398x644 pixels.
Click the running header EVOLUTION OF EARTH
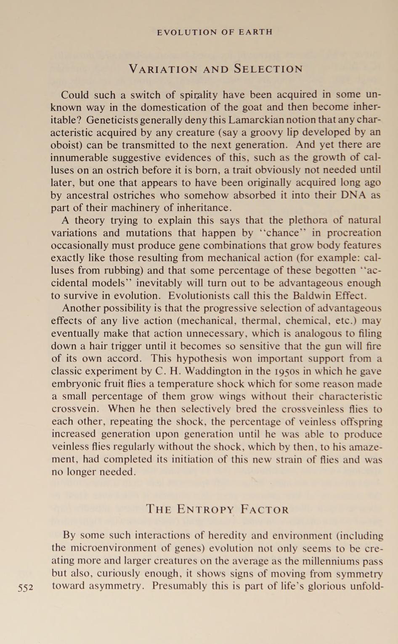(215, 32)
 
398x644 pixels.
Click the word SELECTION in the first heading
(268, 69)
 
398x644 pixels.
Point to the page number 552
(26, 588)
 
